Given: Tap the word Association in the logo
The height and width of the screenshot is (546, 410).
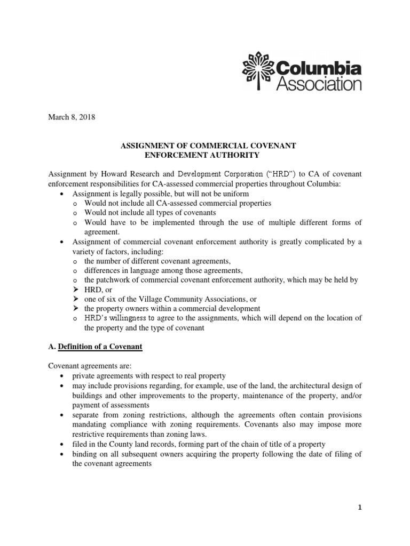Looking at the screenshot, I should (319, 83).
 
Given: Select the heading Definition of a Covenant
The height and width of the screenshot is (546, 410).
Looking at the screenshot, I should (100, 347).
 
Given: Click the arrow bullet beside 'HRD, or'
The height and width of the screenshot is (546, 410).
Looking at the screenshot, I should (75, 289).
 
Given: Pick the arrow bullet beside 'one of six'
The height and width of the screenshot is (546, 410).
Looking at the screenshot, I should (75, 299).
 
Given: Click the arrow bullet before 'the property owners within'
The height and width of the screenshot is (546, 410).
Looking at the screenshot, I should (75, 308).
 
